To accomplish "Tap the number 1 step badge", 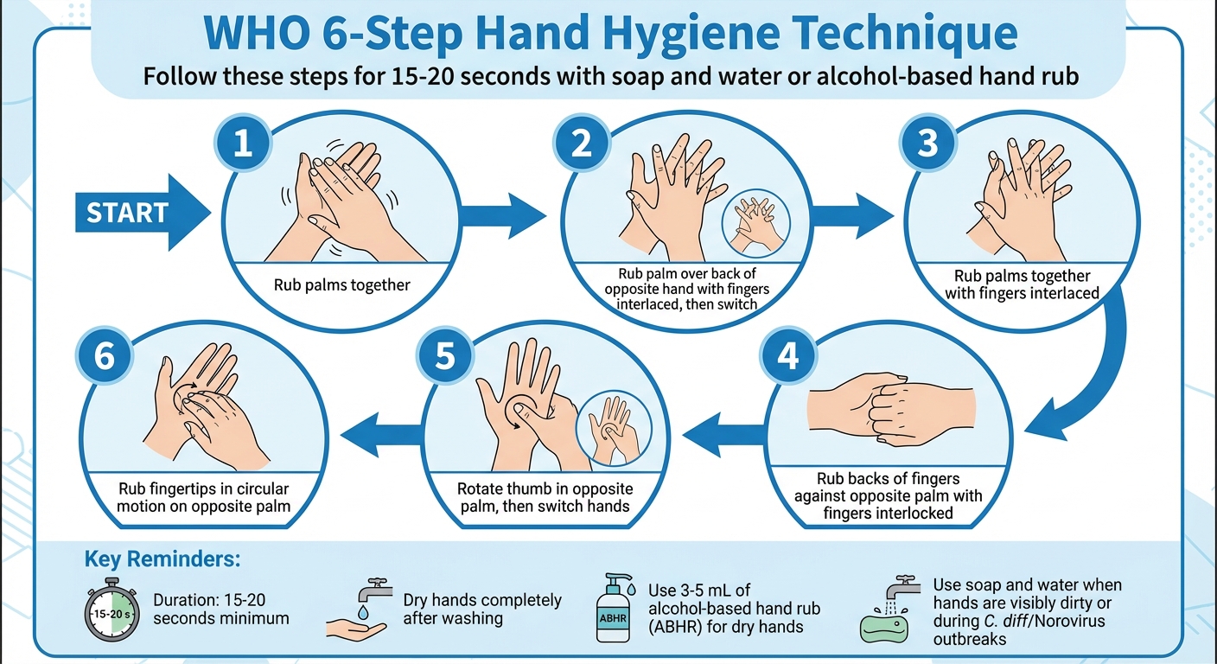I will (x=243, y=142).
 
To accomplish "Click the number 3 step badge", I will (x=927, y=142).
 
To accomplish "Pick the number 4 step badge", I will (x=787, y=357).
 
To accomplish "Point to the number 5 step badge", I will (x=444, y=357).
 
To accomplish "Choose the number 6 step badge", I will (x=104, y=357).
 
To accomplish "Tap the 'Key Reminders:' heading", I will (x=162, y=559).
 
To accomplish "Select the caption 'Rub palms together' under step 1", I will (x=342, y=284).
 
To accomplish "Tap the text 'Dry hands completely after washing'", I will (x=482, y=609).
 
